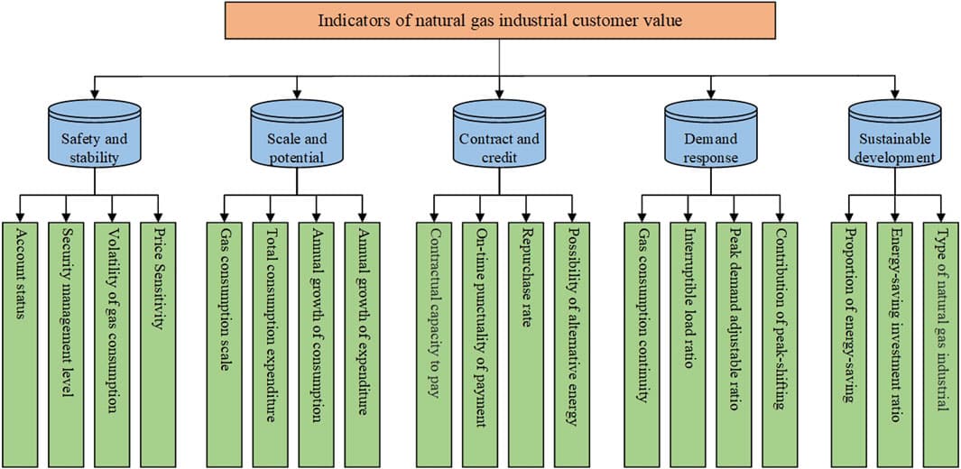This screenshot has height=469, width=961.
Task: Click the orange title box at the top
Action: pos(500,21)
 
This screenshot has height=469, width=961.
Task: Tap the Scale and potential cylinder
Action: pos(296,136)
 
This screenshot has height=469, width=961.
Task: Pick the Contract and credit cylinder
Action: pos(499,136)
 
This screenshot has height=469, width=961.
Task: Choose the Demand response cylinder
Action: pos(711,136)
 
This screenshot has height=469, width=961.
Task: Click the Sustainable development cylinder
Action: pos(894,136)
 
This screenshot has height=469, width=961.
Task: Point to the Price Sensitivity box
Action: pos(158,344)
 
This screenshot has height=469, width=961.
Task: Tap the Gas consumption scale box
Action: pos(225,344)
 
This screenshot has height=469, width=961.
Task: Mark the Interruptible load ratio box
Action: pos(688,344)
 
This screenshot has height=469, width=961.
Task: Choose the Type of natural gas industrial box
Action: pos(939,344)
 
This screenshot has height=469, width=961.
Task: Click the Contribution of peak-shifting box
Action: pos(780,344)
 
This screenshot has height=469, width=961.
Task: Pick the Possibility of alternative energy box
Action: pos(571,344)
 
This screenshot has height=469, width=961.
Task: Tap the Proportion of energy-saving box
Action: pos(848,344)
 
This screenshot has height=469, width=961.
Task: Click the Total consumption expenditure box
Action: pos(270,344)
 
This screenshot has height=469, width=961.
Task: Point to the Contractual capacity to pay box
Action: pos(434,344)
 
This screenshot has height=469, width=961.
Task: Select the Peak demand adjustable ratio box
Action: pos(734,344)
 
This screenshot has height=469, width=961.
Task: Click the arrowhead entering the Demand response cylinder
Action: pos(711,94)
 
